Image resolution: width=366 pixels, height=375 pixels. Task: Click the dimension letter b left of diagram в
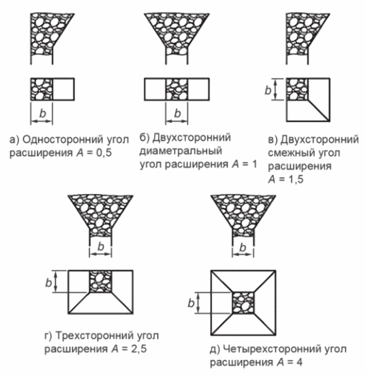268,90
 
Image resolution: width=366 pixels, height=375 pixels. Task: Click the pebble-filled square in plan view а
42,90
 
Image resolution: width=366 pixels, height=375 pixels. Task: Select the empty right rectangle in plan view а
63,90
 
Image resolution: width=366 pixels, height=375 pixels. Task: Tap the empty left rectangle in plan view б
155,90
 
